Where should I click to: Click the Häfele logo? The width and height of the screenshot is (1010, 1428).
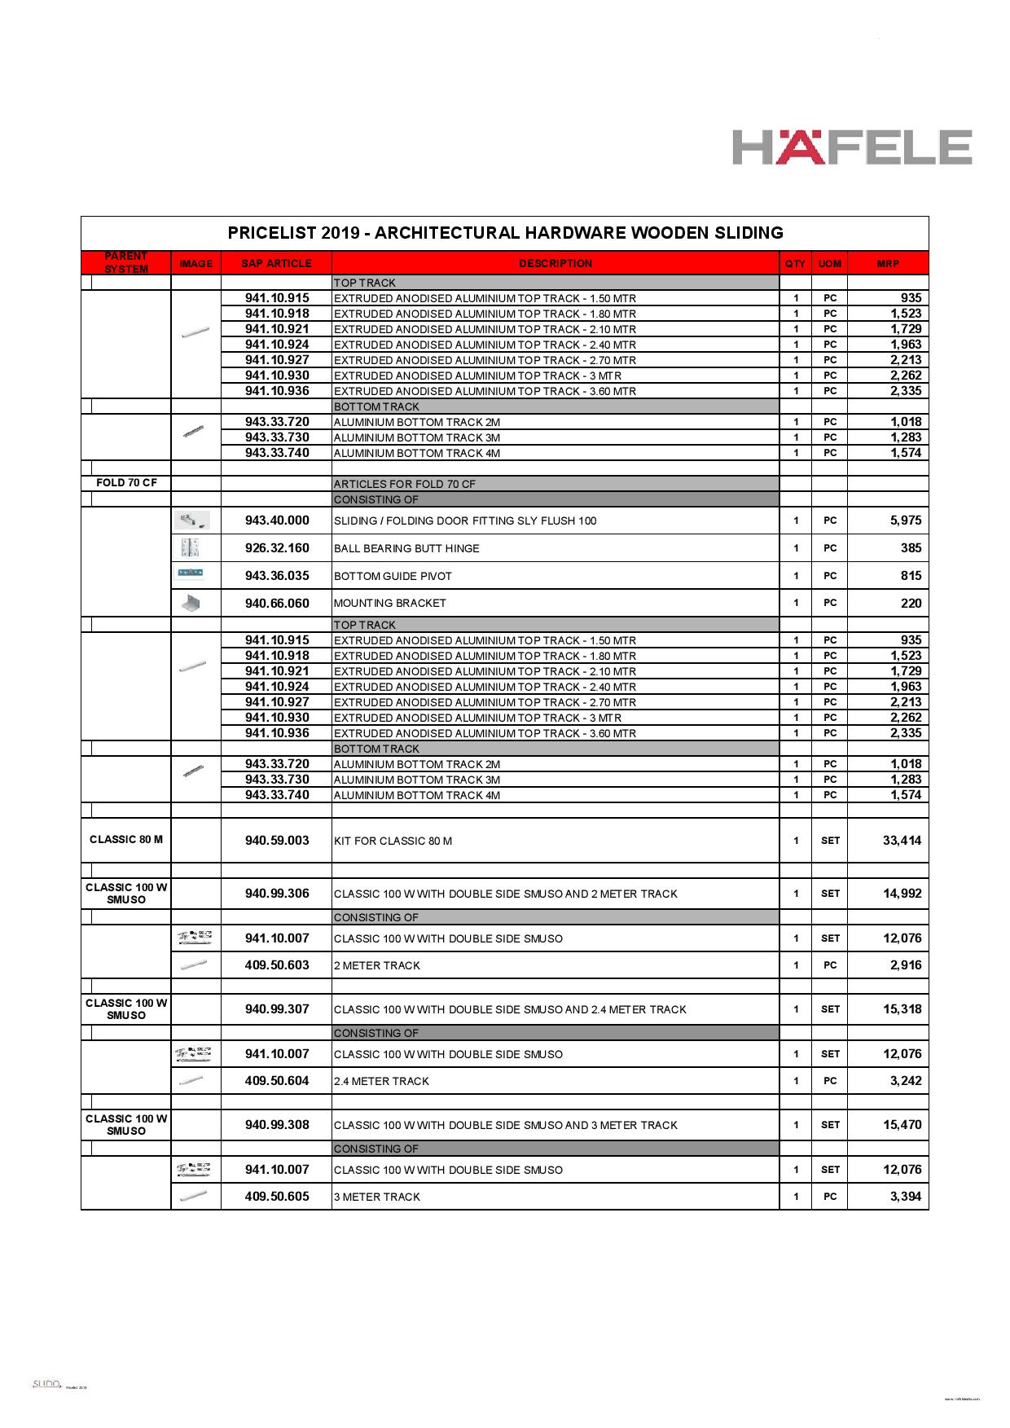(852, 147)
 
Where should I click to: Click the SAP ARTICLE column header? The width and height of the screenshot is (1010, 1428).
(276, 263)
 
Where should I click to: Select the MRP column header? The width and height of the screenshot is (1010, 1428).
(888, 263)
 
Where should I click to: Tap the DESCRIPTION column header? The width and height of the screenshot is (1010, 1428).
(555, 263)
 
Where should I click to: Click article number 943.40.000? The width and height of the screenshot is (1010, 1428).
(277, 521)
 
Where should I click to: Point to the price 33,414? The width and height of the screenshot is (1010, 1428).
(902, 841)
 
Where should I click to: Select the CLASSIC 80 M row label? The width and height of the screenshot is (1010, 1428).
(126, 840)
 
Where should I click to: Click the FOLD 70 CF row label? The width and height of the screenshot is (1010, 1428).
(126, 483)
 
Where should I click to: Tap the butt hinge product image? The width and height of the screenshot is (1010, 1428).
(191, 547)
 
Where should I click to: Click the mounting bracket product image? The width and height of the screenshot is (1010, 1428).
(191, 603)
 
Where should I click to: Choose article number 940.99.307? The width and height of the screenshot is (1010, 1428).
(277, 1009)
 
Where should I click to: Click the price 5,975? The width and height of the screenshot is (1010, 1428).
(905, 521)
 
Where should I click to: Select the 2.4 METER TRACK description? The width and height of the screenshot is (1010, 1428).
(381, 1082)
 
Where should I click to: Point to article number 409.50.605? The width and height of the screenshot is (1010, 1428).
(277, 1197)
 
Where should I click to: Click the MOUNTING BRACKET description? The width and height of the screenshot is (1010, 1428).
(390, 604)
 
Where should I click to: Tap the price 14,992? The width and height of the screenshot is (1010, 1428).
(902, 894)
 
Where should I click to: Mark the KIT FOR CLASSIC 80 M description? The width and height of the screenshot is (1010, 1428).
(393, 841)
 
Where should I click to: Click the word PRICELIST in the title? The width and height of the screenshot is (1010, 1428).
(271, 233)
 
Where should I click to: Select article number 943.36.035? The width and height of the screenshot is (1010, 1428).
(277, 576)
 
